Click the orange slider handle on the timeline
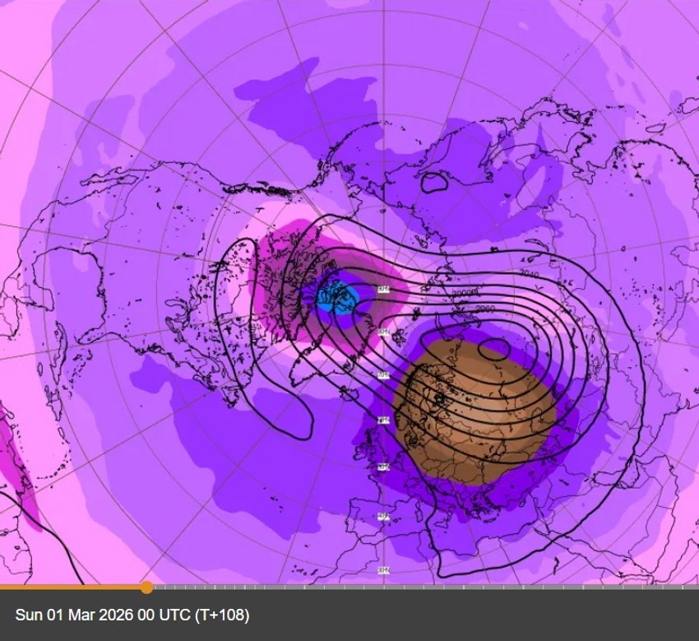tap(146, 587)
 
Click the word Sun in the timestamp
tap(28, 615)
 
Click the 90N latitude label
tap(383, 289)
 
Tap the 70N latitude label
tap(383, 375)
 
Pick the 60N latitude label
tap(383, 420)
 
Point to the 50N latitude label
tap(383, 467)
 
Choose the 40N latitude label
tap(383, 517)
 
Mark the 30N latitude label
tap(383, 569)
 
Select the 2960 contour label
tap(486, 309)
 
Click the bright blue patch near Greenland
tap(336, 295)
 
